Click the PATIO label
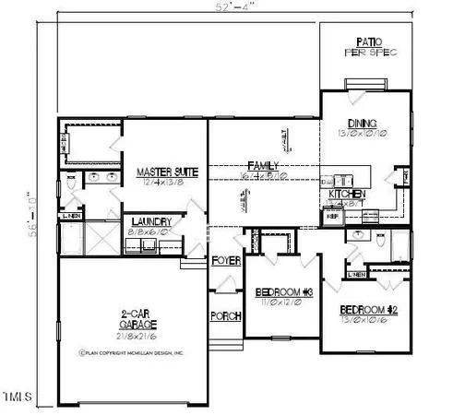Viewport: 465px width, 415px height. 370,41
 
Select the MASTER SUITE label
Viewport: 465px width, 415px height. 162,172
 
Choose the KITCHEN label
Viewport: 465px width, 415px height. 347,196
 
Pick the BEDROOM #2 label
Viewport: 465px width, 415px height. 367,309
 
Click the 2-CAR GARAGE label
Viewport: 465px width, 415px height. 137,319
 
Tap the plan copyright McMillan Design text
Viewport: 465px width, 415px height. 133,351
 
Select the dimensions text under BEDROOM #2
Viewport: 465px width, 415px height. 367,320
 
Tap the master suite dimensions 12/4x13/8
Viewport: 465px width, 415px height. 162,184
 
